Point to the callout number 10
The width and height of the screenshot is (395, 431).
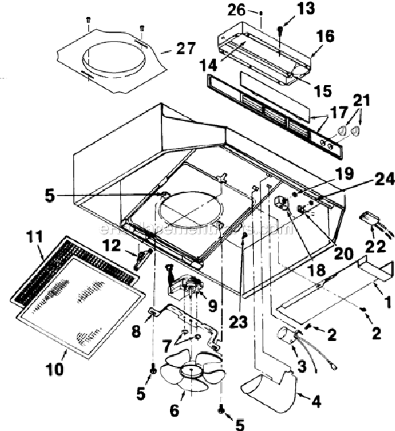tap(55, 369)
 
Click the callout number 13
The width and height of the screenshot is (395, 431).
tap(288, 9)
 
